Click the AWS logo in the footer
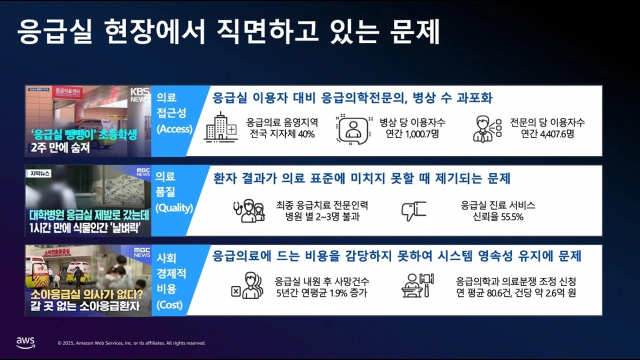25,342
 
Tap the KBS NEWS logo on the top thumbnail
140,95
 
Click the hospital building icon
220,127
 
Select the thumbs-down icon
413,211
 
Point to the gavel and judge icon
417,285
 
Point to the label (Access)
174,129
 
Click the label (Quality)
174,208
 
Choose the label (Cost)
169,305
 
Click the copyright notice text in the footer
131,343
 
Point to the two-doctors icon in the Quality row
249,211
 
